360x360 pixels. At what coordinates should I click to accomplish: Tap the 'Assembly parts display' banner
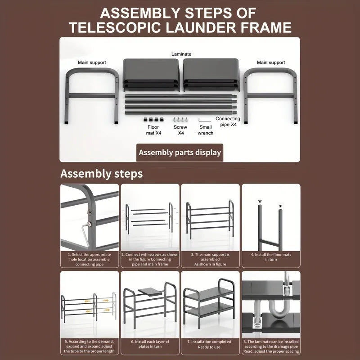(x=180, y=152)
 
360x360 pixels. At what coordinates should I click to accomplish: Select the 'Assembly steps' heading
(x=102, y=174)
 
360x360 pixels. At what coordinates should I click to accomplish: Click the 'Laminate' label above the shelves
(x=181, y=54)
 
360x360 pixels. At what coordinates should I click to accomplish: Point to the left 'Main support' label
(x=92, y=63)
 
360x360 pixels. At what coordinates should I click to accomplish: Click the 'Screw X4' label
(x=180, y=130)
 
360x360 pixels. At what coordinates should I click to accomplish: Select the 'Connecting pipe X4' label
(x=228, y=121)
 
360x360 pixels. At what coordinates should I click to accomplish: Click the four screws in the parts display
(x=180, y=120)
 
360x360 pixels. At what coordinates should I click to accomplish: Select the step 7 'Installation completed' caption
(x=210, y=344)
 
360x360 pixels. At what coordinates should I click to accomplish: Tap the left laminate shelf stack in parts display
(x=152, y=73)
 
